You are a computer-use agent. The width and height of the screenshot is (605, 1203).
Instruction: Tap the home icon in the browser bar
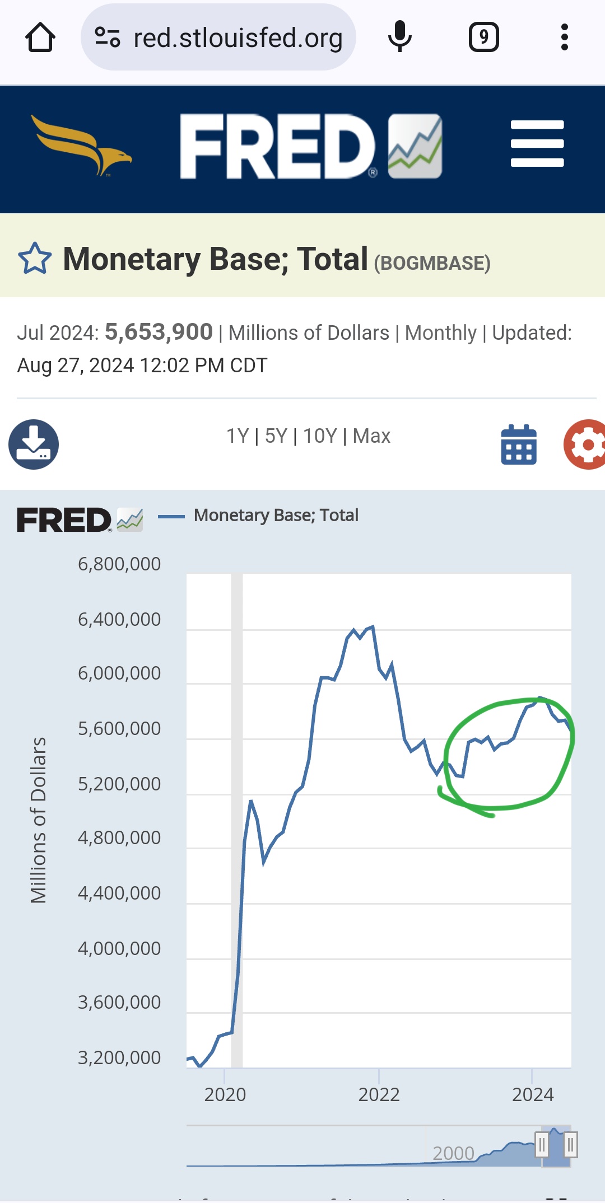[40, 38]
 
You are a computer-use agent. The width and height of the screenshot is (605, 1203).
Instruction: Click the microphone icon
[399, 37]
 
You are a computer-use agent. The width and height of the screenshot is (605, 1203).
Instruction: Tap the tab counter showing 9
[483, 38]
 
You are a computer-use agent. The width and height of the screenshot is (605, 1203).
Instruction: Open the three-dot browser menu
[564, 38]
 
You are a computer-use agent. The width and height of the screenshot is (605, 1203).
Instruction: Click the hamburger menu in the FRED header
[537, 144]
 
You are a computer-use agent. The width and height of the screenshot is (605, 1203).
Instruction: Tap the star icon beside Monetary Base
[35, 259]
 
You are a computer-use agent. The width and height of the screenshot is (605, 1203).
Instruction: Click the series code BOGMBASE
[432, 263]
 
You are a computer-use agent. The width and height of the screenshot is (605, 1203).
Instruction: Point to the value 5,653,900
[159, 332]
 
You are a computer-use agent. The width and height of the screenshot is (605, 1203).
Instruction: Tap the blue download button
[34, 444]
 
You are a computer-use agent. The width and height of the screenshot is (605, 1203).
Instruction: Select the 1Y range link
[237, 436]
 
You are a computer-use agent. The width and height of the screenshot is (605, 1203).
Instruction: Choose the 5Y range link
[276, 436]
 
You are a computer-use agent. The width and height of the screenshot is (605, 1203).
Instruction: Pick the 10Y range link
[320, 436]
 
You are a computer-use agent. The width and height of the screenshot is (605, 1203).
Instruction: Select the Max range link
[371, 436]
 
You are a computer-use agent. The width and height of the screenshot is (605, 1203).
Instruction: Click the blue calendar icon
[519, 445]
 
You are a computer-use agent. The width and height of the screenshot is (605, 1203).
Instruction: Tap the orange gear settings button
[586, 444]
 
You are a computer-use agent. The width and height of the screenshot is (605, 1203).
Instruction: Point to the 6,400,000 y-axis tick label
[119, 619]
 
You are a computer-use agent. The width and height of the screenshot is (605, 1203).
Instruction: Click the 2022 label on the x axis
[379, 1094]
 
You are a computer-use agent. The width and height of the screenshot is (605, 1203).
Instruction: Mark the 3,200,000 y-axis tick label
[119, 1057]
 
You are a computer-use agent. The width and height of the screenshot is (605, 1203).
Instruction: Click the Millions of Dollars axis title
[39, 820]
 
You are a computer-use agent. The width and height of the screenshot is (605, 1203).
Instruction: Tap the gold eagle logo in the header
[82, 145]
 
